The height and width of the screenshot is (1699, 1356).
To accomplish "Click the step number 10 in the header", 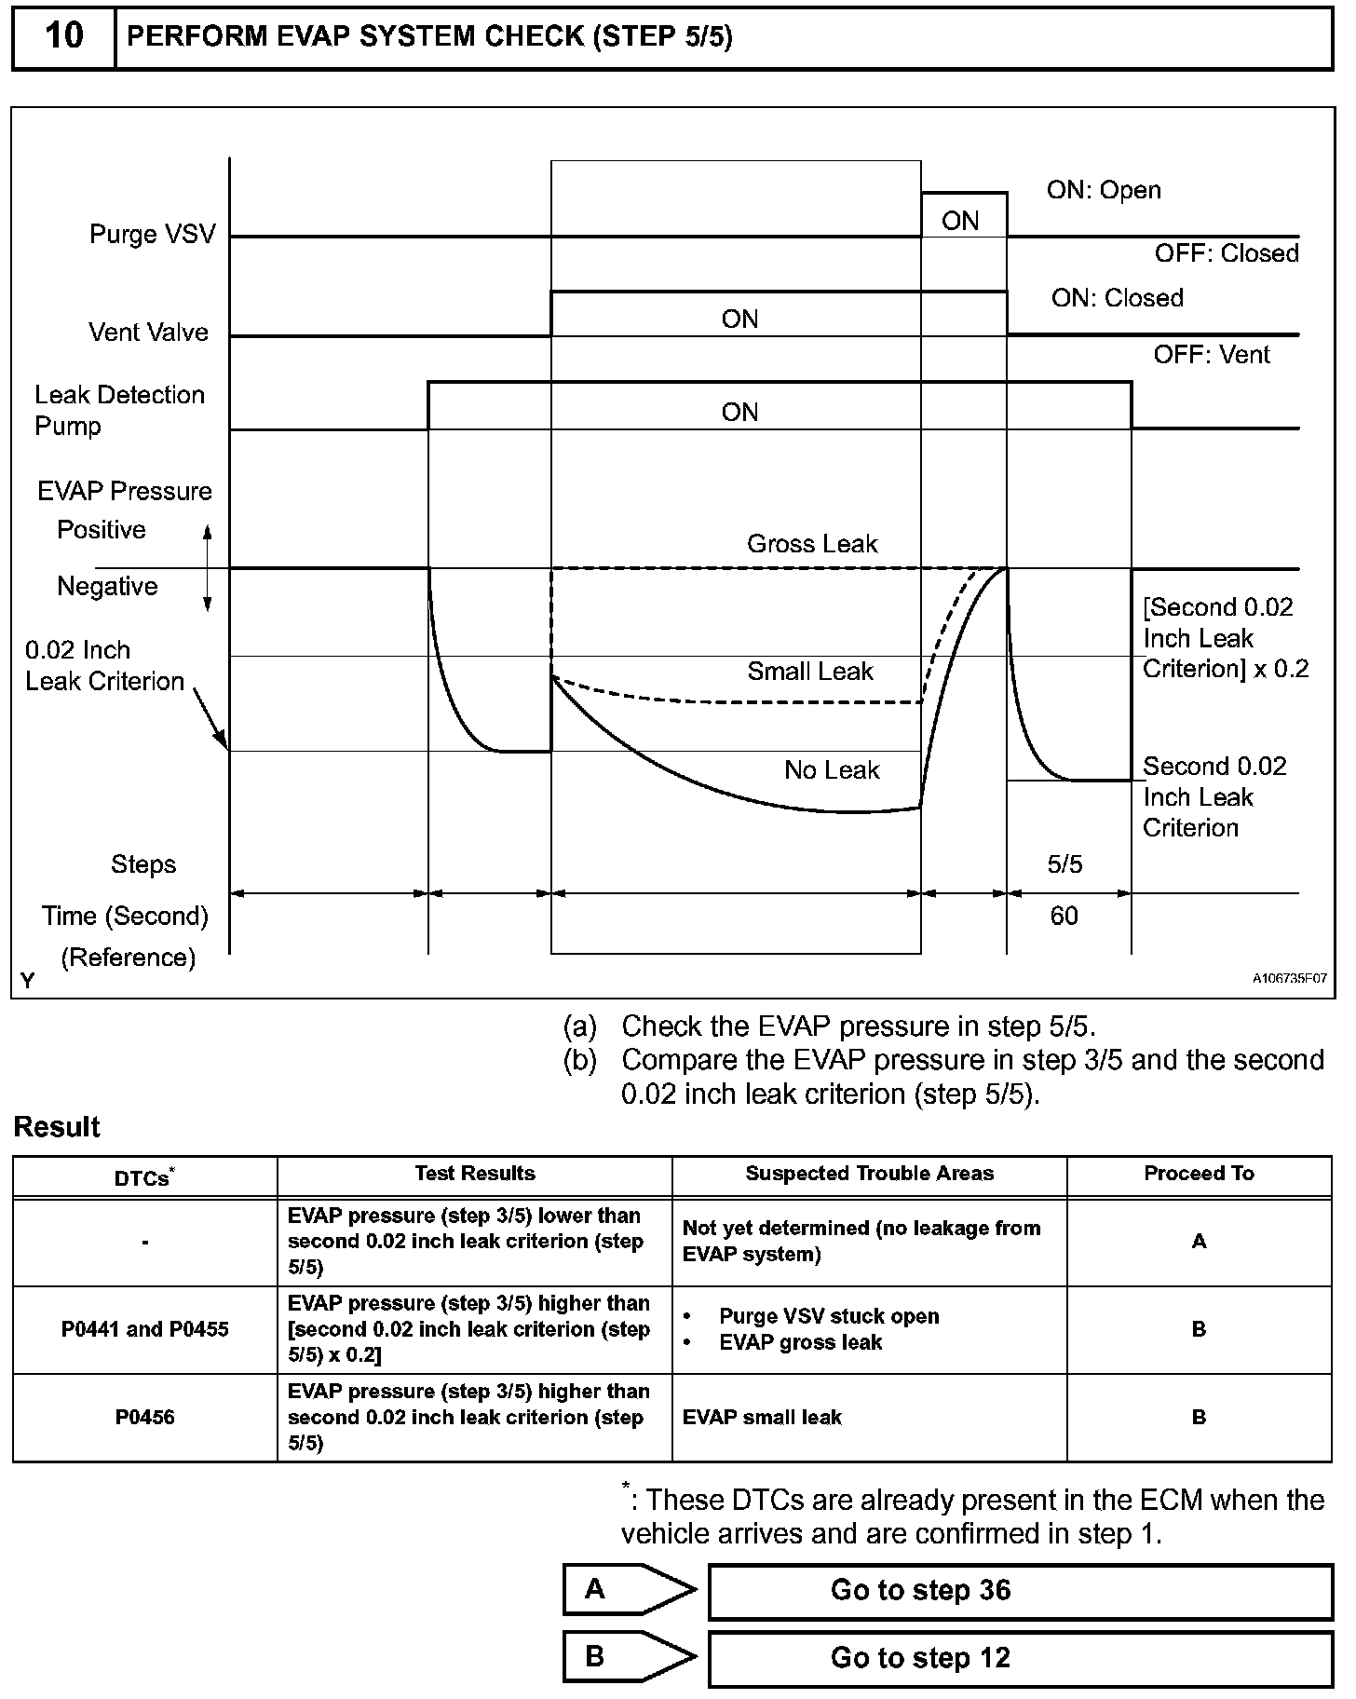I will [63, 36].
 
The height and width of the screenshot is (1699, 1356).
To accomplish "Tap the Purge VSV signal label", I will [152, 234].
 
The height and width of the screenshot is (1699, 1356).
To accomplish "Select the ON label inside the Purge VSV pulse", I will [960, 221].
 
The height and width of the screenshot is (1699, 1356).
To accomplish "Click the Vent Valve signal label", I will [148, 333].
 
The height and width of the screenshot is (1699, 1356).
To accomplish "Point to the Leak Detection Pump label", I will [119, 410].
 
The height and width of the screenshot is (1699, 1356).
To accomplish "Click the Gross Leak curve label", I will [812, 544].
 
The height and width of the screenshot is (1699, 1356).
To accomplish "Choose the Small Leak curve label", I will [810, 672].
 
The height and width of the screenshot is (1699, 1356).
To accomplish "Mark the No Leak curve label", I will [832, 770].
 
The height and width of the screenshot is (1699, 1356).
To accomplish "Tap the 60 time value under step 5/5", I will [1064, 916].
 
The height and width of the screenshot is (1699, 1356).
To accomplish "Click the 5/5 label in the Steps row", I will [1064, 864].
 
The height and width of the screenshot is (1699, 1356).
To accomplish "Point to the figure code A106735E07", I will [1289, 979].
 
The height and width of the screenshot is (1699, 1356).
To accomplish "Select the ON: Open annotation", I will [1104, 190].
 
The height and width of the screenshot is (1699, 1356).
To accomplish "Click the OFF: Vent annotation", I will [1211, 355].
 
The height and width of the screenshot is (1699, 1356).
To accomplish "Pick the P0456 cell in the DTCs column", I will [144, 1417].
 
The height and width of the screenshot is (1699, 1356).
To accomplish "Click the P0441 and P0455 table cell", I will [144, 1329].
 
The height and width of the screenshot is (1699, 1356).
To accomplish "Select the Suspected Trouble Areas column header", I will [869, 1174].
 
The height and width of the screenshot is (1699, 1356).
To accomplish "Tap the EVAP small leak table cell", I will [762, 1417].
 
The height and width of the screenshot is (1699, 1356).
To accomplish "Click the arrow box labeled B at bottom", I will [629, 1657].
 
